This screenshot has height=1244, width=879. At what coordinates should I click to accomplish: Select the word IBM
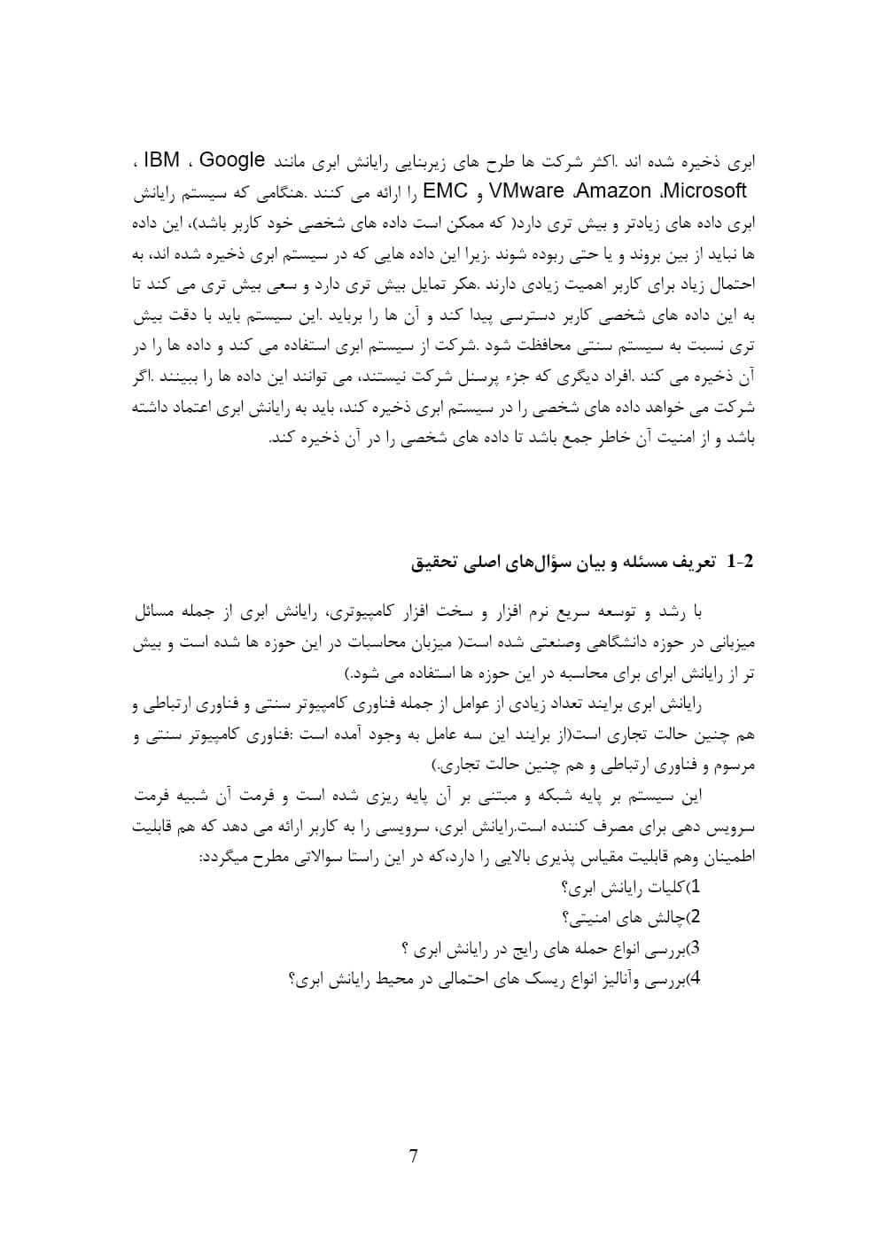click(x=161, y=160)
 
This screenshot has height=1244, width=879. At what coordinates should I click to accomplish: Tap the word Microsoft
click(x=704, y=190)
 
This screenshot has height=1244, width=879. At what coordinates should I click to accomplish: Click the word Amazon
click(x=615, y=190)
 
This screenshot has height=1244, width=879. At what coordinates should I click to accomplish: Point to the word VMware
click(x=526, y=190)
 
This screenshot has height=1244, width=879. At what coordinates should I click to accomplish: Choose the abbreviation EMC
click(x=446, y=190)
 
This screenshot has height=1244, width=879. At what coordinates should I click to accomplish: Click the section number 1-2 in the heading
click(x=739, y=562)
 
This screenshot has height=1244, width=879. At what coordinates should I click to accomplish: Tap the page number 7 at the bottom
click(x=414, y=1155)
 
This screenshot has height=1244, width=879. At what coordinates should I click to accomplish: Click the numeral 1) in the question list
click(x=696, y=887)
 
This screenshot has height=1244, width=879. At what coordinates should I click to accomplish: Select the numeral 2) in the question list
click(x=696, y=916)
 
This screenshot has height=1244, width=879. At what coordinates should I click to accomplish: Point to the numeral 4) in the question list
click(x=696, y=979)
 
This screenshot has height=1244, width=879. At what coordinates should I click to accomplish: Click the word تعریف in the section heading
click(x=694, y=562)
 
